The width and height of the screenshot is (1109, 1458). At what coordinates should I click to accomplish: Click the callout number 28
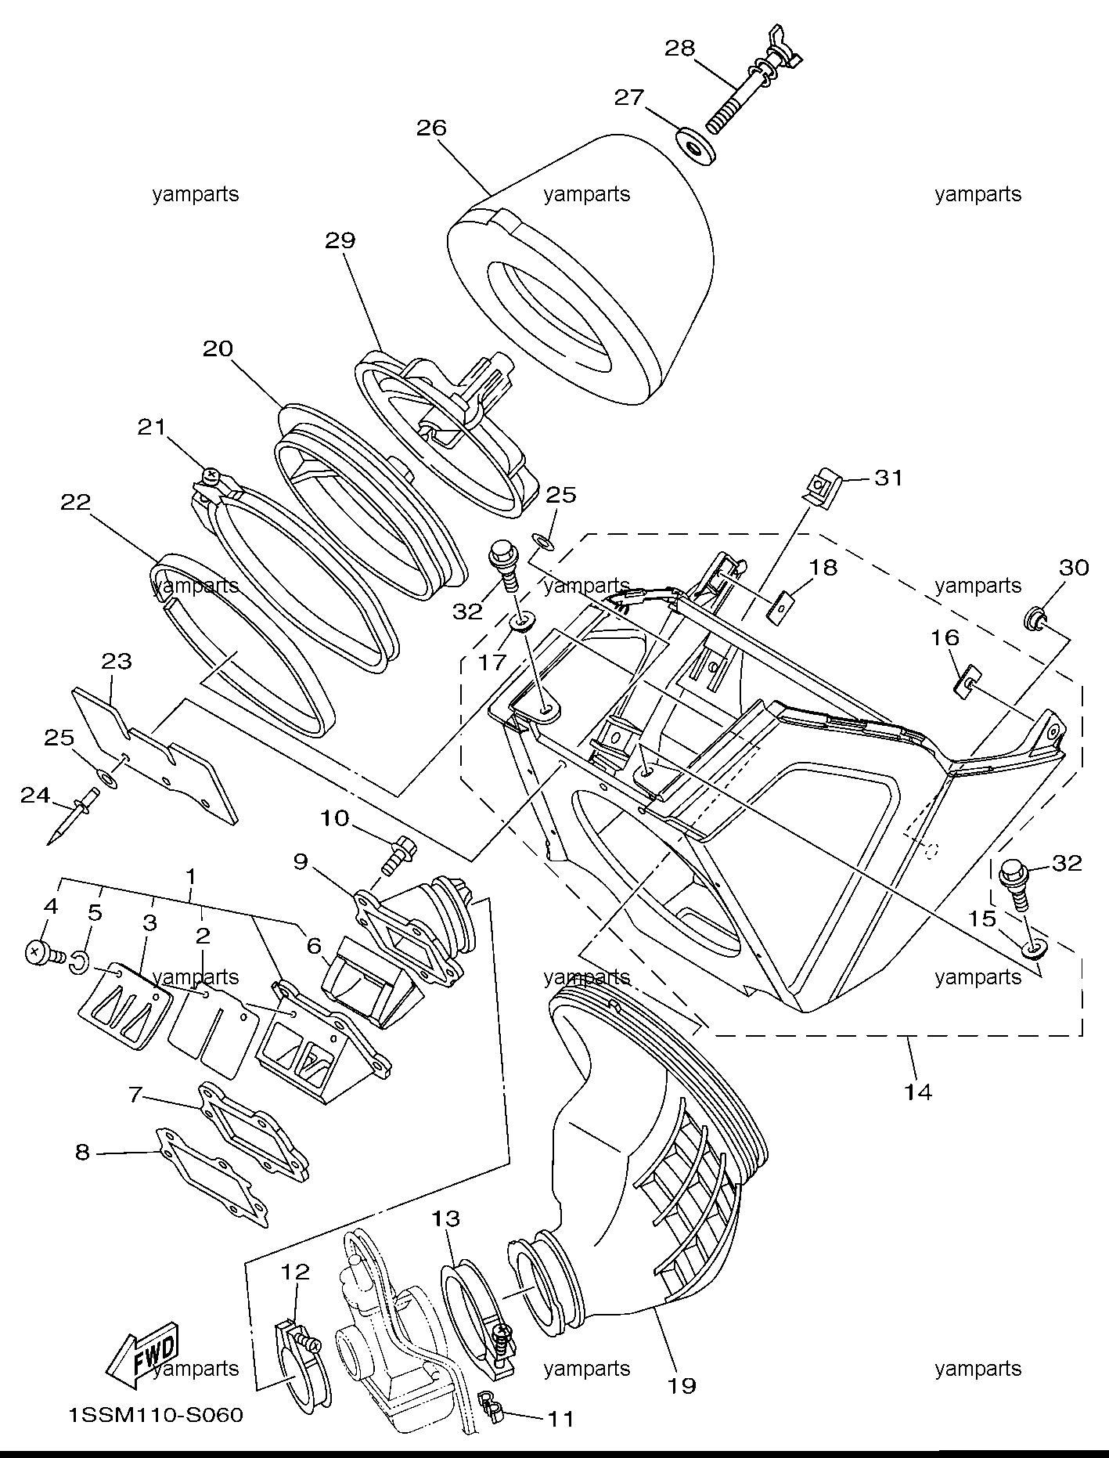[679, 49]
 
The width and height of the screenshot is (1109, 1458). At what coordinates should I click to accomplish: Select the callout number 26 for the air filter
[431, 128]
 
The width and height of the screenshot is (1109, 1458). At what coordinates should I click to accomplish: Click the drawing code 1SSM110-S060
[156, 1416]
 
